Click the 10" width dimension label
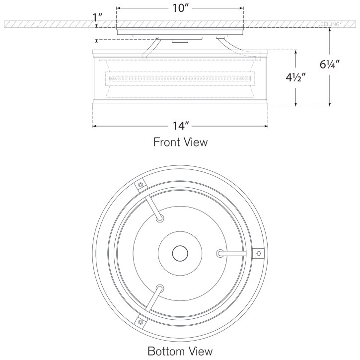coord(180,8)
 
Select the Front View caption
coord(180,142)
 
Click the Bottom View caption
coord(180,351)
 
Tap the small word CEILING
coord(329,24)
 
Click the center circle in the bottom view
coord(180,254)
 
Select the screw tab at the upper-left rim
coord(141,185)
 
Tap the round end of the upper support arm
coord(159,219)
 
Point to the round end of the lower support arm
coord(159,288)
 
